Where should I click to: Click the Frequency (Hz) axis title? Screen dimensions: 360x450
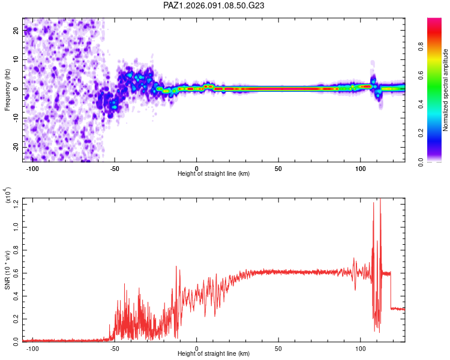coord(7,89)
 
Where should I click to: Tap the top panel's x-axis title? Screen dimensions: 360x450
coord(214,174)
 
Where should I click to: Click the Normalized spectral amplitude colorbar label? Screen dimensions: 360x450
coord(446,90)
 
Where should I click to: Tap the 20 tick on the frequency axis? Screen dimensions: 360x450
coord(16,30)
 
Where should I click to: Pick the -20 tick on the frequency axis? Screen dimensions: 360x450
coord(15,147)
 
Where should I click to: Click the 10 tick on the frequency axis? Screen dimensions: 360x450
coord(16,59)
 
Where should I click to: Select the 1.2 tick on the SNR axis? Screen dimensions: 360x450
coord(15,205)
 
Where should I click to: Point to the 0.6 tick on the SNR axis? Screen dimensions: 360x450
coord(15,273)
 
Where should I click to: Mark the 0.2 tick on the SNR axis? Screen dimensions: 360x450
coord(15,319)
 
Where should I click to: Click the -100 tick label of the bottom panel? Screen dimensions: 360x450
coord(32,348)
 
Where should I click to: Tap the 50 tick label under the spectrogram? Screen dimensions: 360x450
coord(278,169)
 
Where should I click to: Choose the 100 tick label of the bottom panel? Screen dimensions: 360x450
coord(361,348)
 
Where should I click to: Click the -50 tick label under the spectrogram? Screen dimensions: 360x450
coord(114,169)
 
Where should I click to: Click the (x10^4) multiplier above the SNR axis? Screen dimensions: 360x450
coord(8,194)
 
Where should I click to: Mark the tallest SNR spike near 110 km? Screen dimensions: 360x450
coord(380,200)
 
